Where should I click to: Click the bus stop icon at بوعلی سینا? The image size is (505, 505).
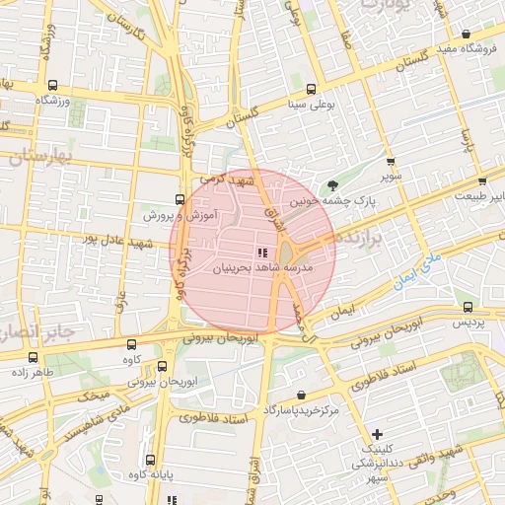click(312, 88)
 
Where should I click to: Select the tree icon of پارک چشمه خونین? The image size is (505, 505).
click(332, 184)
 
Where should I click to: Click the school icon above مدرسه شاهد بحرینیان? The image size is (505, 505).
click(262, 252)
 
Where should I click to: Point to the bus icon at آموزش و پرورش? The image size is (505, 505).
click(180, 198)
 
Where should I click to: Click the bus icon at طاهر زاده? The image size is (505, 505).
click(35, 358)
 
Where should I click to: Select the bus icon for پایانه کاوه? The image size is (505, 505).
click(149, 460)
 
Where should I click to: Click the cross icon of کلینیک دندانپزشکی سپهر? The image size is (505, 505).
click(378, 435)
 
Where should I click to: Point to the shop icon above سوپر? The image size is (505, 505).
click(391, 162)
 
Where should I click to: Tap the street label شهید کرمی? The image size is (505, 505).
click(227, 180)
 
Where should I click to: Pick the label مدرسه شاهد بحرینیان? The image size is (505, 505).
click(262, 267)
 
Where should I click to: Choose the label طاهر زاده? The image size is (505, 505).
click(35, 374)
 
